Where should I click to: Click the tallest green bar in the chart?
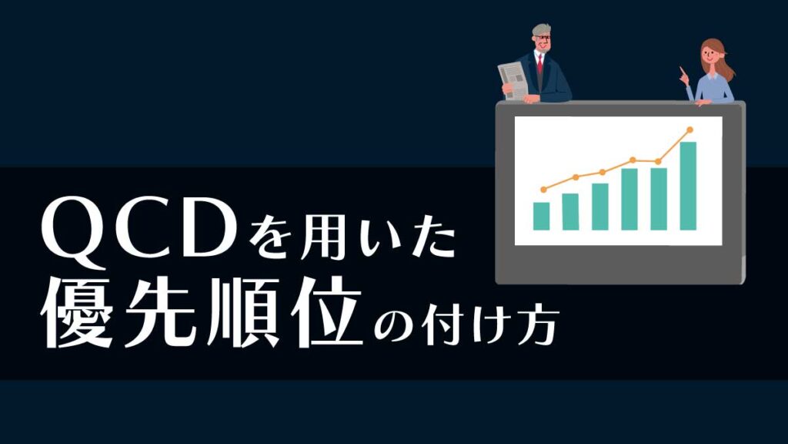point(688,186)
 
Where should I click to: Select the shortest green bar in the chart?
point(541,216)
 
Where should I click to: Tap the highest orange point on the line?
point(690,129)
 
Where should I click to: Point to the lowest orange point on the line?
point(543,190)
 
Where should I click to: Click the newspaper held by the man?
point(513,79)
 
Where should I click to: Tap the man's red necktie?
point(540,65)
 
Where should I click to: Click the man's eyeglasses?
point(543,38)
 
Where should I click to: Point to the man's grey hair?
point(541,29)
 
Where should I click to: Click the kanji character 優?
point(78,312)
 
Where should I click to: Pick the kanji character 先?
point(159,312)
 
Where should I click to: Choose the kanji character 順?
point(241,312)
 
